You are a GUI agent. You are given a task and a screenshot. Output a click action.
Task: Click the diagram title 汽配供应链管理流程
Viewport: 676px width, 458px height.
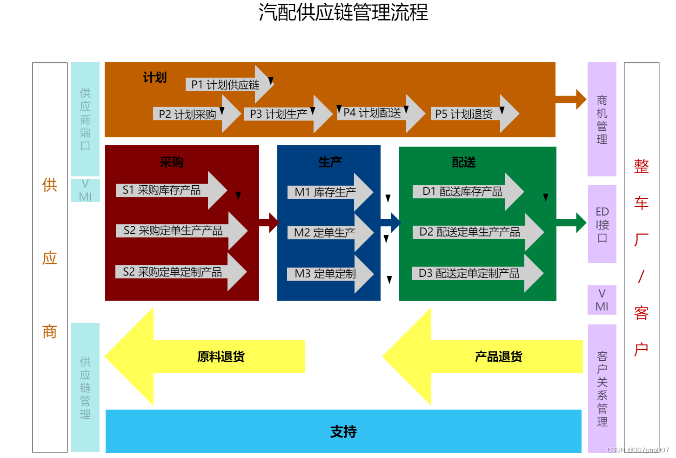coord(343,12)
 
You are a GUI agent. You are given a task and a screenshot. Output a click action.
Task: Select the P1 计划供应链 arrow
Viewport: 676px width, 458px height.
coord(226,85)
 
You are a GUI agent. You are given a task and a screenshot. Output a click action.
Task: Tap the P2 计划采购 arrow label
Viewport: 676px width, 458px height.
coord(187,114)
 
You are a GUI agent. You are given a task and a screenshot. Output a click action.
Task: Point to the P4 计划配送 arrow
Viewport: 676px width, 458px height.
coord(372,113)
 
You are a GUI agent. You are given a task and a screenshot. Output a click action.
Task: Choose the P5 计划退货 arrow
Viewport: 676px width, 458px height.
coord(464,114)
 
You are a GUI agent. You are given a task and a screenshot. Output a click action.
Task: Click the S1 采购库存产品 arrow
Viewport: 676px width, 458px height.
coord(162,190)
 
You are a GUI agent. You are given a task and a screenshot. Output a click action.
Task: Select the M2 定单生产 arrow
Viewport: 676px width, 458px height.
coord(325,232)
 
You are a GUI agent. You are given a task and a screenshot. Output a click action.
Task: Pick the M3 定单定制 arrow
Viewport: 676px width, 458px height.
coord(325,274)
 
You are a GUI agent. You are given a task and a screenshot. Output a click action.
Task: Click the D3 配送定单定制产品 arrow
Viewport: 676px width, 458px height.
coord(469,273)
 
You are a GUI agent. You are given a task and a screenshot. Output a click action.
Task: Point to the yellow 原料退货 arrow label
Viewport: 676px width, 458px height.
coord(221,357)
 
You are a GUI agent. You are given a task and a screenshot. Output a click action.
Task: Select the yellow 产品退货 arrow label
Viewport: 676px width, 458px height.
coord(498,357)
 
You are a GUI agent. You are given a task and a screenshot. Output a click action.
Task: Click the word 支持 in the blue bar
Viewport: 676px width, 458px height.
coord(343,431)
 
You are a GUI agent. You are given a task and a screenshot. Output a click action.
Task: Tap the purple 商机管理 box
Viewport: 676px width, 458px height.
coord(602,119)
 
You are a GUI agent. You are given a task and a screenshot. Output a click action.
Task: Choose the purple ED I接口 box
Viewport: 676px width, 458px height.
coord(602,224)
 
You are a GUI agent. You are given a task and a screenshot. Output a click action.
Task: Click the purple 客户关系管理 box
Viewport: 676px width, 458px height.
coord(602,388)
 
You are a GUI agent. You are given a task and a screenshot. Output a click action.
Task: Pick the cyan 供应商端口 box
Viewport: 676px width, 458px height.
coord(85,119)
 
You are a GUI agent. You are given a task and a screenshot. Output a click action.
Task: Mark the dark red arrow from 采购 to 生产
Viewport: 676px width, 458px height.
coord(269,223)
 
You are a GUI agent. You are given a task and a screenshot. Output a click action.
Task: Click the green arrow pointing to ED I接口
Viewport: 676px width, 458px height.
coord(571,222)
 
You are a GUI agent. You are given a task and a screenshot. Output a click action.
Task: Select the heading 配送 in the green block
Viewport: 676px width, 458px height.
coord(464,162)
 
